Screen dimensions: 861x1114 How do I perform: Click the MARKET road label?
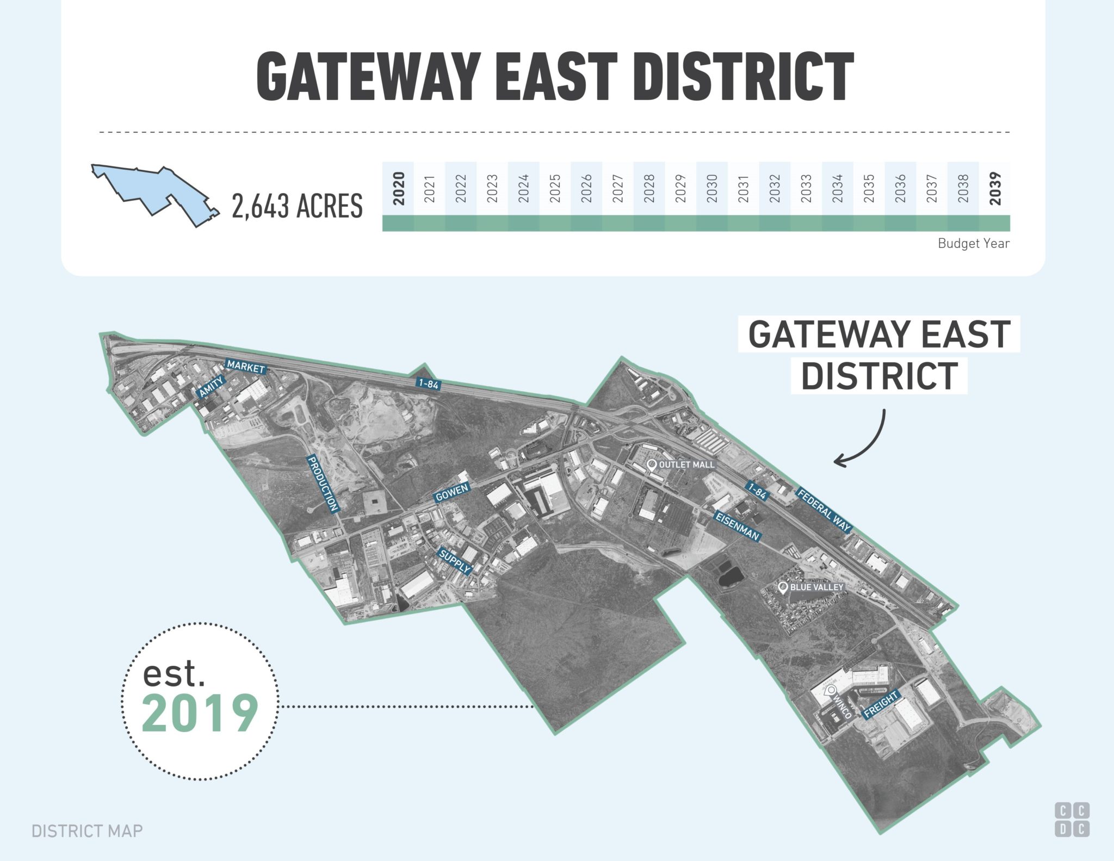[246, 367]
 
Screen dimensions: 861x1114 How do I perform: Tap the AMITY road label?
[211, 387]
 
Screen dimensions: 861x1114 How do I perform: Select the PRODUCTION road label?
[323, 484]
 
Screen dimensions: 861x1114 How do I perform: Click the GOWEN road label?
[451, 492]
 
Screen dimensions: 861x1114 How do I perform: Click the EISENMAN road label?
[737, 525]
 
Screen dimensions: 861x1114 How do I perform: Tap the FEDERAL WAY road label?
[824, 510]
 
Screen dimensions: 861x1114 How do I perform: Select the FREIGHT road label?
[881, 704]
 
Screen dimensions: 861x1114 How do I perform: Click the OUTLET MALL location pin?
[652, 464]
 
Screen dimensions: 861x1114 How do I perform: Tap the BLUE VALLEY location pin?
[783, 587]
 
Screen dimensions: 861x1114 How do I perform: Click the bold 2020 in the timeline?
[399, 188]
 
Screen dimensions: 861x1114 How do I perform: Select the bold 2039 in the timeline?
[995, 188]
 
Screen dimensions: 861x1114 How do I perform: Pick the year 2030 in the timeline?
[712, 188]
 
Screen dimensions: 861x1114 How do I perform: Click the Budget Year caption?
[973, 244]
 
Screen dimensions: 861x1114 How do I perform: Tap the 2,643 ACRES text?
[297, 207]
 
